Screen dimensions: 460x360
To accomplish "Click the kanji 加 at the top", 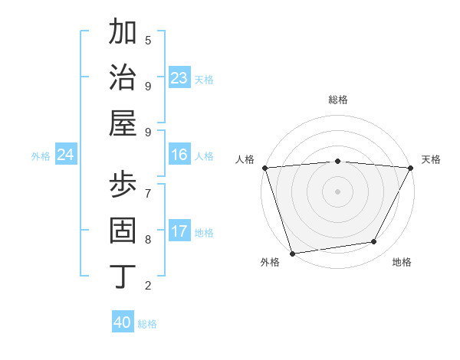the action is (x=123, y=32).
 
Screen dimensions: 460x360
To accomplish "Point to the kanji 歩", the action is (x=123, y=186).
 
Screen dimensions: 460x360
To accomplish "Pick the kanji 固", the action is (x=123, y=231).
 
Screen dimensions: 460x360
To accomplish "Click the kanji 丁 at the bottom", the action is (x=123, y=275).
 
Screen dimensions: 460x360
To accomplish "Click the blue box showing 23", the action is (x=179, y=78).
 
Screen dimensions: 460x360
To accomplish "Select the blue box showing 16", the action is (x=179, y=155).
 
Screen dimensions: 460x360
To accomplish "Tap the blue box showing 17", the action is (x=179, y=231).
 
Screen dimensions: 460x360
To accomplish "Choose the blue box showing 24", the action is (x=66, y=155).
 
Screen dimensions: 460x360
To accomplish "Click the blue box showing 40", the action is (x=123, y=322).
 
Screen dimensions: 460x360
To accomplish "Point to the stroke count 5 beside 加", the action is (x=148, y=40).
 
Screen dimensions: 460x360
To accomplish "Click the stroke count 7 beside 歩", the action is (x=148, y=193).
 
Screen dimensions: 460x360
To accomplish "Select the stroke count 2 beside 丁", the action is (x=148, y=286).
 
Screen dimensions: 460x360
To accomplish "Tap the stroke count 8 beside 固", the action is (x=148, y=239).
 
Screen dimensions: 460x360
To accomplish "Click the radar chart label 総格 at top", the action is (x=338, y=100).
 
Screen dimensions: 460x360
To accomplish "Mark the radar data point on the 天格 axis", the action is (x=411, y=168).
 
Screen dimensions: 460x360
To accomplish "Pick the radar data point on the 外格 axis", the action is (x=292, y=253).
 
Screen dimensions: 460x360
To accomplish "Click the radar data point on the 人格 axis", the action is (x=264, y=168).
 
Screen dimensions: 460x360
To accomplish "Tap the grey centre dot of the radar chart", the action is (x=338, y=191).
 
